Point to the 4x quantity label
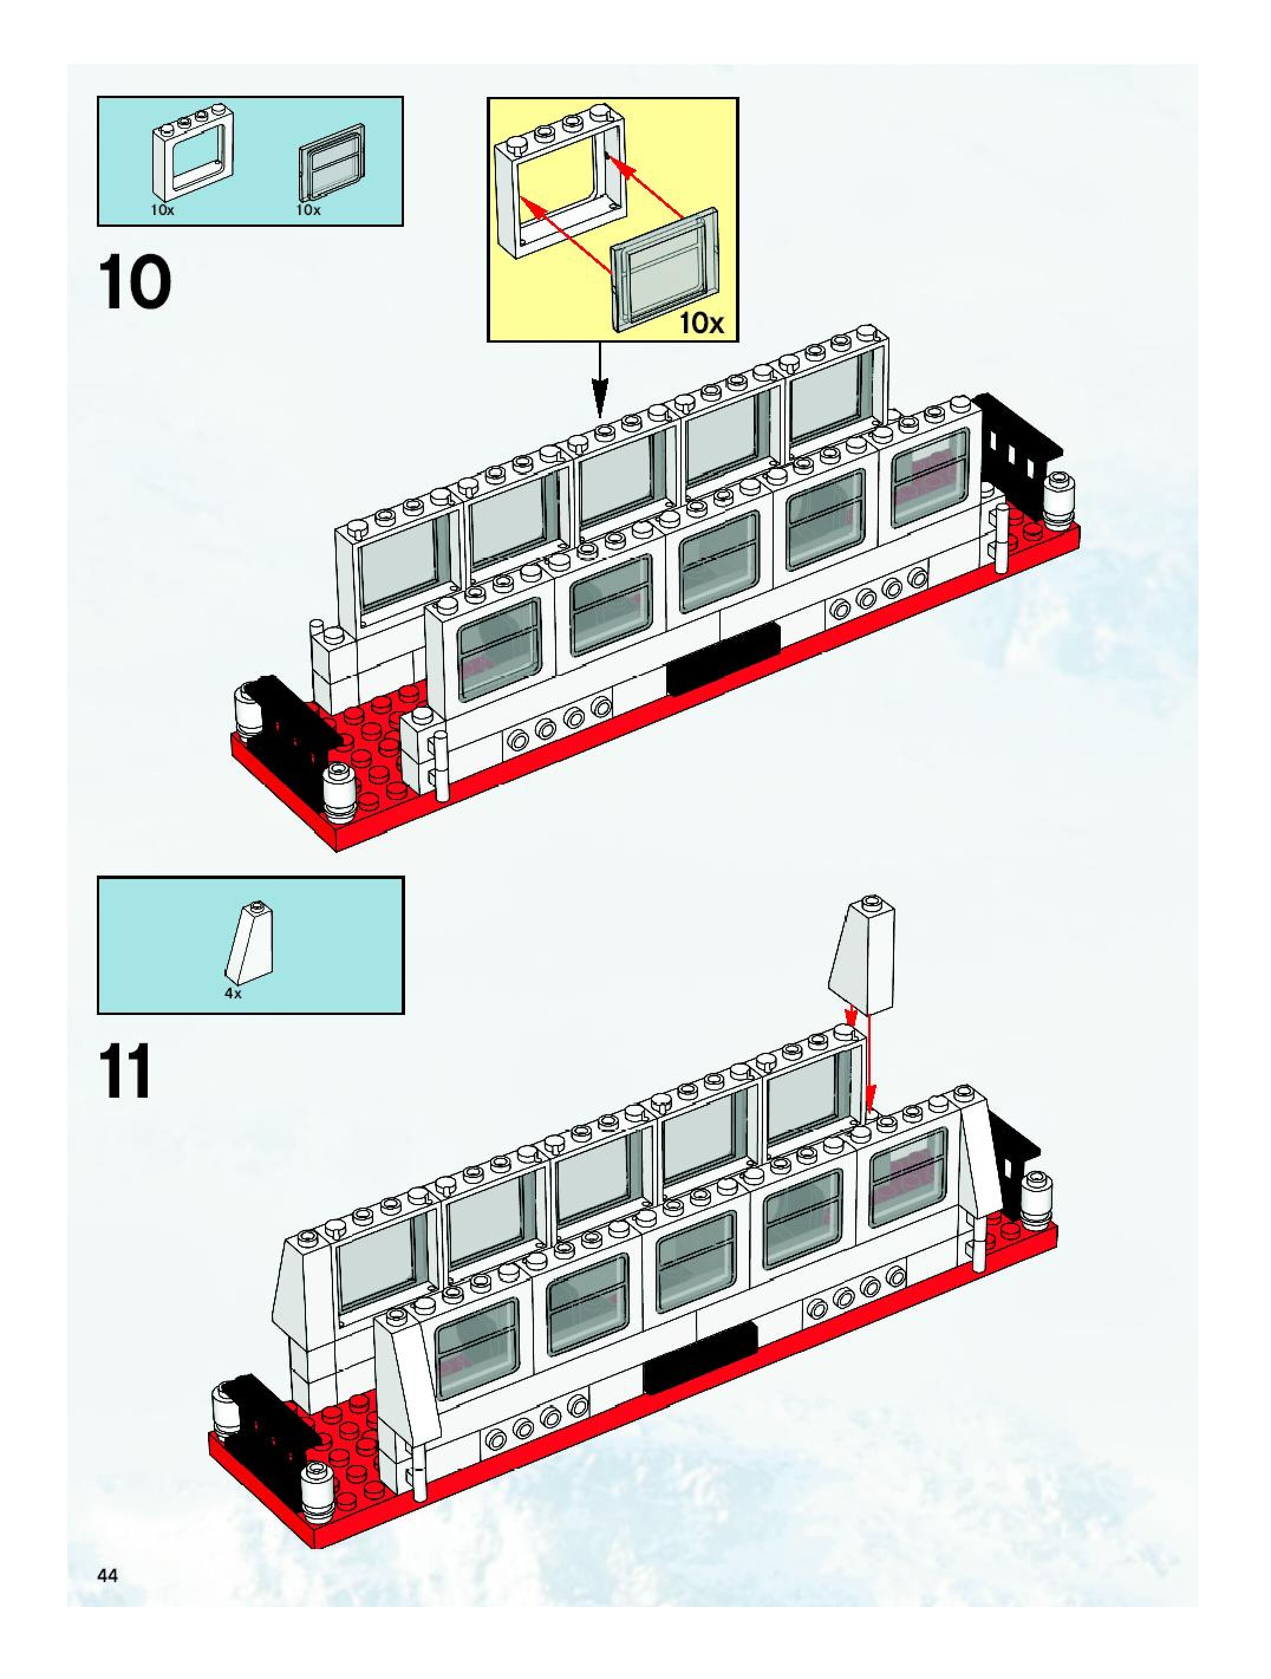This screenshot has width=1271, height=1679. [232, 994]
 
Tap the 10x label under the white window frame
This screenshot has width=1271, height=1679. [162, 210]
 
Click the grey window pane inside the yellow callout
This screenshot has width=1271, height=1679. [664, 269]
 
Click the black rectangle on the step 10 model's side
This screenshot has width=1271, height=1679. [722, 658]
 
